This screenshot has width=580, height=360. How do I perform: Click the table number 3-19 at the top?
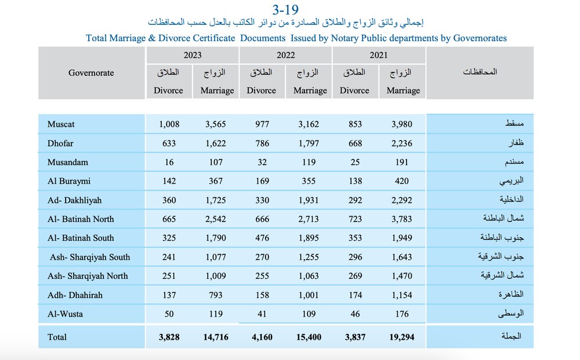[x=285, y=9]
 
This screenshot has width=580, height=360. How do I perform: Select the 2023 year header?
[x=193, y=55]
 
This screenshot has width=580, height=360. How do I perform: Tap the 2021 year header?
[x=378, y=55]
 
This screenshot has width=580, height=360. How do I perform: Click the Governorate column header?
[x=91, y=73]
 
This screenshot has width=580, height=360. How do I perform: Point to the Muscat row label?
[x=61, y=124]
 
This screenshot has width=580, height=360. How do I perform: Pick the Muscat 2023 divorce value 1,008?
[x=169, y=124]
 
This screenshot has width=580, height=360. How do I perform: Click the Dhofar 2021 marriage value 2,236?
[x=402, y=143]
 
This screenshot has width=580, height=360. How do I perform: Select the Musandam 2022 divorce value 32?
[x=262, y=162]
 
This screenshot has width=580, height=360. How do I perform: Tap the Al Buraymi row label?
[x=69, y=181]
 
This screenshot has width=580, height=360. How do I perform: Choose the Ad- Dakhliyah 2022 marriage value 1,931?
[x=309, y=201]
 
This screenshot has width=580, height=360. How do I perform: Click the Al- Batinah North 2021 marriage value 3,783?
[x=402, y=219]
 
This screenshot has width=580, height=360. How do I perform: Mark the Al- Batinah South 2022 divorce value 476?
[x=262, y=238]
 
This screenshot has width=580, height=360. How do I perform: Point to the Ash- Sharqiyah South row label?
[x=90, y=257]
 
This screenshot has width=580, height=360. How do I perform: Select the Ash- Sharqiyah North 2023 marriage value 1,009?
[x=216, y=276]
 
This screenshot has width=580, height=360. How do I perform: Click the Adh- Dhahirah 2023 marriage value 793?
[x=216, y=295]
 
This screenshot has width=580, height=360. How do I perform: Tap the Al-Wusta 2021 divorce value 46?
[x=355, y=314]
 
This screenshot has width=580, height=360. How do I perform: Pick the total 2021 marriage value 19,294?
[x=402, y=337]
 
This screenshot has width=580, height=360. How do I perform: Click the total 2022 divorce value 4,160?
[x=262, y=337]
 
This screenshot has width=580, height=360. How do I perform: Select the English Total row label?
[x=57, y=337]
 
